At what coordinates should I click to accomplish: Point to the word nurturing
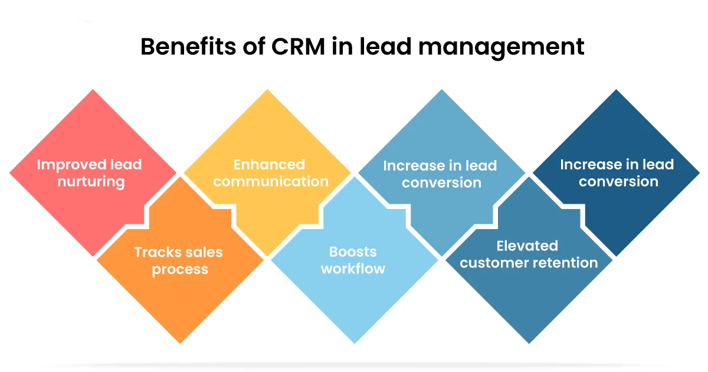91,181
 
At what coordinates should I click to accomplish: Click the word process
180,270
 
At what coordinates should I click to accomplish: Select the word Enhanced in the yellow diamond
269,164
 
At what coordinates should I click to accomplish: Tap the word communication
271,181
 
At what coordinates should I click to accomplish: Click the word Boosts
353,252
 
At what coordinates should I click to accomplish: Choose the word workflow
353,269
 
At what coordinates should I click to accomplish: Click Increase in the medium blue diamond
412,166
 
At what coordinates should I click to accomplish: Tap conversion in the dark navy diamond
618,182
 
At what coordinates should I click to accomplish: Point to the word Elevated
527,246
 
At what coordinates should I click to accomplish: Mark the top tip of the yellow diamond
268,90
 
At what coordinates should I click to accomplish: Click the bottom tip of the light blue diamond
355,343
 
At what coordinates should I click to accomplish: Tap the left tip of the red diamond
10,174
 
